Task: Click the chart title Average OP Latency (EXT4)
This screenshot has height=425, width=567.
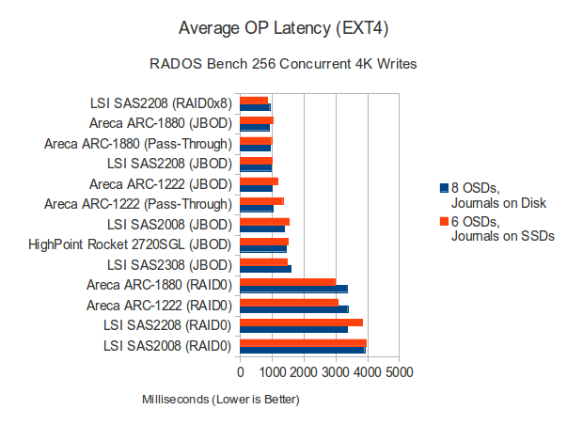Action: click(x=282, y=28)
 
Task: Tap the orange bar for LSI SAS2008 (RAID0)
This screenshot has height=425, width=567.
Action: click(x=303, y=343)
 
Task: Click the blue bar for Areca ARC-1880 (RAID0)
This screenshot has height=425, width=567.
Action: click(x=293, y=289)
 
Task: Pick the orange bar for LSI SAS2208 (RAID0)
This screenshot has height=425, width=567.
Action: click(x=301, y=323)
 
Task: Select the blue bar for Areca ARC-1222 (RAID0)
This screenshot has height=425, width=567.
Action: click(x=294, y=308)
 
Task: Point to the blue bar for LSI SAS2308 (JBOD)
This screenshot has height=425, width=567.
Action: click(x=265, y=269)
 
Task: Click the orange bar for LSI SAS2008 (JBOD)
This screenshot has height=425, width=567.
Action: click(x=264, y=221)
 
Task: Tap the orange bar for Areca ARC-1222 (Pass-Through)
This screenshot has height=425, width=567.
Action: click(x=261, y=200)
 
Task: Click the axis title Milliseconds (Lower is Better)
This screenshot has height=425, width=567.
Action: click(x=221, y=400)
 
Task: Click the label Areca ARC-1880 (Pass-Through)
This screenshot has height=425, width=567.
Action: click(x=139, y=144)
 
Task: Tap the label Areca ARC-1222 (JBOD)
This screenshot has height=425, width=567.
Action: click(x=160, y=184)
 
